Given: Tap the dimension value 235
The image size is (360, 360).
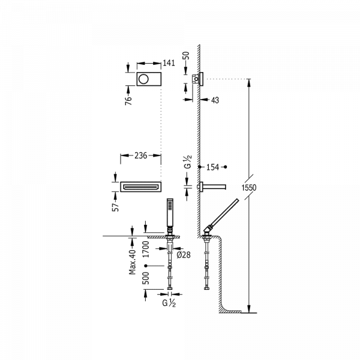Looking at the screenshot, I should click(x=141, y=155).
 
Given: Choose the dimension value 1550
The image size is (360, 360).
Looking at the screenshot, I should click(x=250, y=188).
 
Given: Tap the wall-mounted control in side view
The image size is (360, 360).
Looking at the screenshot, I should click(x=196, y=78).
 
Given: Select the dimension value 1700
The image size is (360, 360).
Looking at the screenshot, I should click(x=145, y=248).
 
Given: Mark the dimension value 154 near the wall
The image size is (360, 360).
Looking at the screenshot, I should click(x=214, y=166).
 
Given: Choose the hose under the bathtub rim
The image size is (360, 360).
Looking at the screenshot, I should click(x=207, y=265).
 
